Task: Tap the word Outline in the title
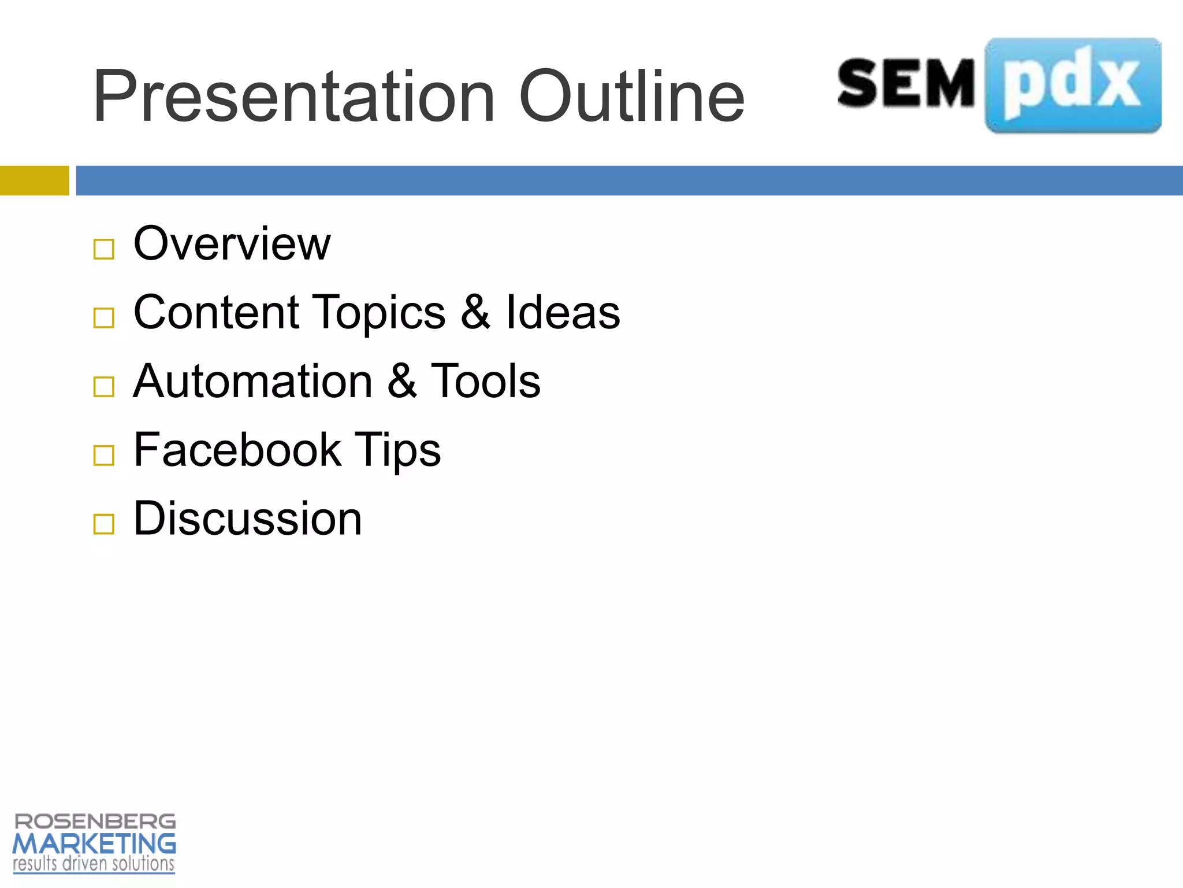(x=632, y=97)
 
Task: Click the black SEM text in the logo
(x=906, y=84)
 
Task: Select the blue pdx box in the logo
(x=1073, y=86)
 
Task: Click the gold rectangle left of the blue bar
(x=34, y=180)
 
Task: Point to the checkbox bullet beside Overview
(x=104, y=249)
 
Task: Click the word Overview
(x=232, y=244)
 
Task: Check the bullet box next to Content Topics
(x=104, y=317)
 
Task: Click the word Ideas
(x=563, y=313)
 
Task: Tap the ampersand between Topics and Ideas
(x=475, y=313)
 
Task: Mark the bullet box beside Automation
(x=104, y=386)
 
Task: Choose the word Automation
(x=253, y=382)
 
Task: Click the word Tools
(x=485, y=382)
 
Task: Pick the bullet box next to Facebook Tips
(x=104, y=455)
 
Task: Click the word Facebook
(x=237, y=450)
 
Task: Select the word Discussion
(x=248, y=519)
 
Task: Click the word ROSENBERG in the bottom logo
(x=95, y=822)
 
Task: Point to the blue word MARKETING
(x=94, y=844)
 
